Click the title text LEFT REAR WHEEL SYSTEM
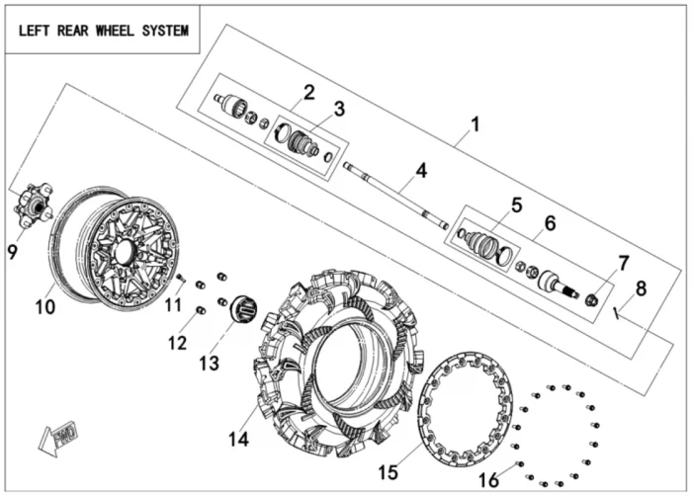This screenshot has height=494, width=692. pos(103,30)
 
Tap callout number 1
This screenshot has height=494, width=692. pos(475,125)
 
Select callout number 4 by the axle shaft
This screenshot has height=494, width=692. pos(421,170)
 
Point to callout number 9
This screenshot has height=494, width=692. pos(13,252)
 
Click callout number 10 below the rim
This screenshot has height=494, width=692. pos(45,306)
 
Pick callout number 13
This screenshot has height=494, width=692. pos(209,364)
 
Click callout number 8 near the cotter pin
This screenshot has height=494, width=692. pos(641,288)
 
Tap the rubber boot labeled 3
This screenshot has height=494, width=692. pos(301,143)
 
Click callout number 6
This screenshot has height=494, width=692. pos(551,225)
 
